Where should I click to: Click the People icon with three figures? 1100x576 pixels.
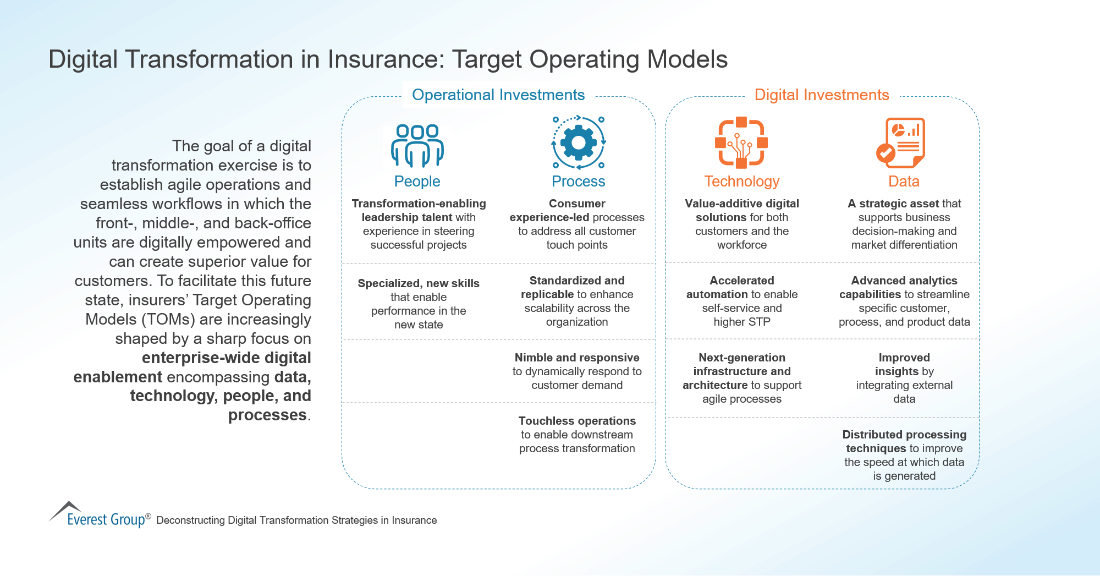click(x=417, y=145)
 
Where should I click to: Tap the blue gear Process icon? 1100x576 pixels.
click(x=578, y=142)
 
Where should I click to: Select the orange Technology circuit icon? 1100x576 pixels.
click(x=741, y=142)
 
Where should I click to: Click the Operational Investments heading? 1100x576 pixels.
click(x=498, y=95)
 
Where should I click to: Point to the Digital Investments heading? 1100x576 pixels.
click(x=821, y=95)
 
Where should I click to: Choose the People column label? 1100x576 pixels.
click(x=417, y=182)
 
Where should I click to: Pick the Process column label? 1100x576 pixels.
click(x=578, y=182)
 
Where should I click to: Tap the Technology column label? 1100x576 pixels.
click(x=741, y=182)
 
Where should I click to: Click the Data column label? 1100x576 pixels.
click(x=904, y=182)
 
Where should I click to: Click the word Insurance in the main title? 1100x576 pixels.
click(x=386, y=59)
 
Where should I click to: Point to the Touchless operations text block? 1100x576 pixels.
click(x=577, y=435)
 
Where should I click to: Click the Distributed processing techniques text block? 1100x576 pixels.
click(x=904, y=455)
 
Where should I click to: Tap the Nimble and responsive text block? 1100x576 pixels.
click(x=577, y=371)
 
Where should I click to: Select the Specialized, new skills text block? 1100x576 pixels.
click(x=418, y=304)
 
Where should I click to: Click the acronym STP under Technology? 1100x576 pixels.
click(x=758, y=322)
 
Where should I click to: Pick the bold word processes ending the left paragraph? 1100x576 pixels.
click(x=267, y=415)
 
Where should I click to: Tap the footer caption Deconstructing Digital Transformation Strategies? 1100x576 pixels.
click(x=296, y=520)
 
